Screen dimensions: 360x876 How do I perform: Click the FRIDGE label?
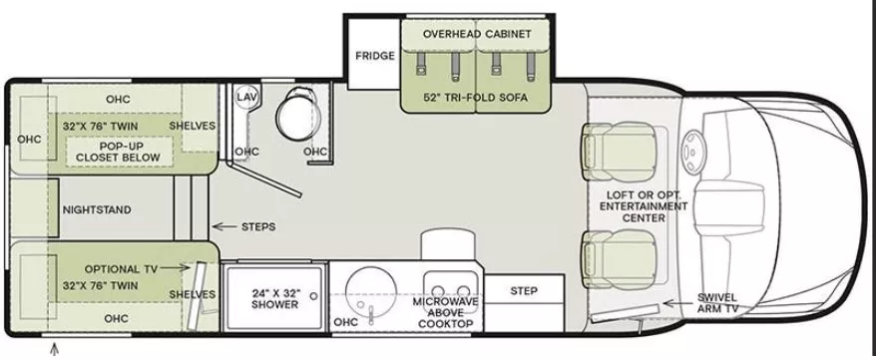click(x=374, y=55)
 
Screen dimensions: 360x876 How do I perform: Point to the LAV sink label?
click(x=246, y=97)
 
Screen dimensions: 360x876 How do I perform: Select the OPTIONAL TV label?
click(x=122, y=268)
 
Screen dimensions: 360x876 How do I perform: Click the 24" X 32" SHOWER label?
click(x=275, y=298)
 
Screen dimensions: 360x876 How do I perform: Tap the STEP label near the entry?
click(x=523, y=291)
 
